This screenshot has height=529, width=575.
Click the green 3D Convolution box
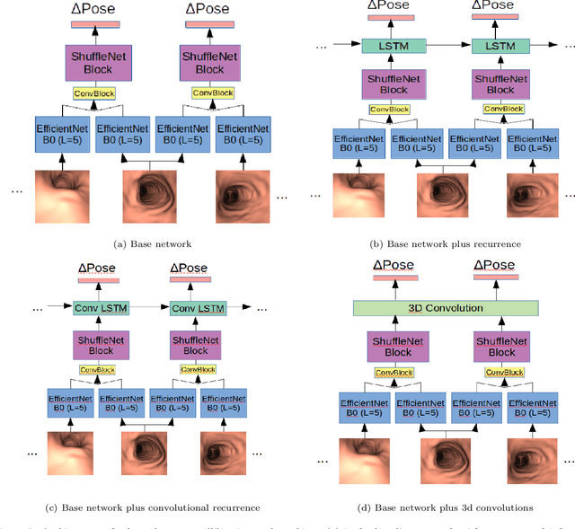[x=446, y=308]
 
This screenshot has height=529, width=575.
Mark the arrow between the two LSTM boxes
[x=441, y=43]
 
